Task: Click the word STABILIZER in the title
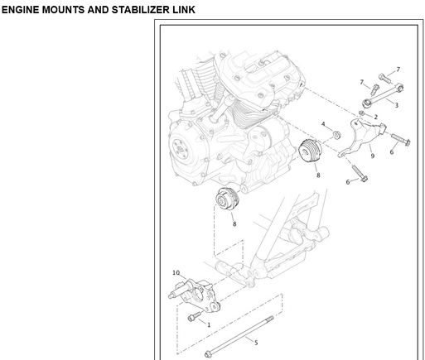(x=141, y=10)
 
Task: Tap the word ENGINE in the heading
(x=20, y=10)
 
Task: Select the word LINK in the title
(x=184, y=10)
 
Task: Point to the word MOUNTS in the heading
(x=63, y=10)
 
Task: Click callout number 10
(x=176, y=273)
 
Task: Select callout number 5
(x=256, y=343)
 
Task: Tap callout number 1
(x=209, y=325)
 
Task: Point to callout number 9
(x=373, y=156)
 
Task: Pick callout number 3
(x=396, y=105)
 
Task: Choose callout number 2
(x=375, y=117)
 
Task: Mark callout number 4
(x=323, y=124)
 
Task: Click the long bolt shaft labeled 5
(x=239, y=336)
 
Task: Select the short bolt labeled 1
(x=195, y=316)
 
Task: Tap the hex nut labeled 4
(x=336, y=135)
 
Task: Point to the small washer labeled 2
(x=361, y=113)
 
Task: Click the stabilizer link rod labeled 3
(x=383, y=95)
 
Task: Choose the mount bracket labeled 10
(x=195, y=295)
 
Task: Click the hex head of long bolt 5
(x=208, y=354)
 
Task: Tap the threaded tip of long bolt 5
(x=270, y=319)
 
